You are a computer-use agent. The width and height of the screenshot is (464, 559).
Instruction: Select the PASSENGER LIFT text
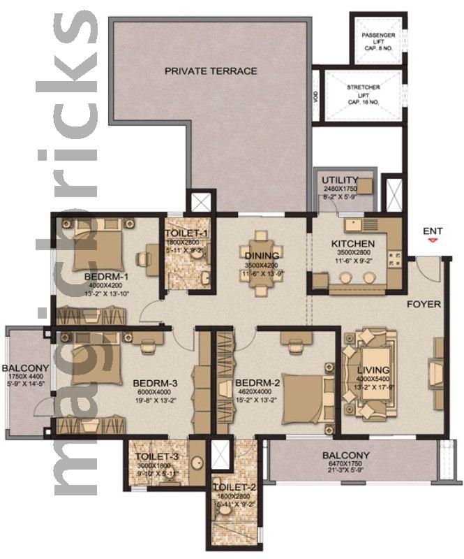click(x=378, y=38)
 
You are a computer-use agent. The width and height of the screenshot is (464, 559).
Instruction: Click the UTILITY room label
click(x=339, y=180)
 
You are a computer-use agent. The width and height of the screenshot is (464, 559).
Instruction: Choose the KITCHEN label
click(x=353, y=243)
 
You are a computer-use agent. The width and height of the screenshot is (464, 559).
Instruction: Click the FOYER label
click(x=424, y=305)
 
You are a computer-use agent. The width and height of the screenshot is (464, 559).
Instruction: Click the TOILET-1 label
click(x=185, y=233)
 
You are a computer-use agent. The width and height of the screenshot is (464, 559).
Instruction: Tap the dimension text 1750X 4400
click(x=24, y=377)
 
